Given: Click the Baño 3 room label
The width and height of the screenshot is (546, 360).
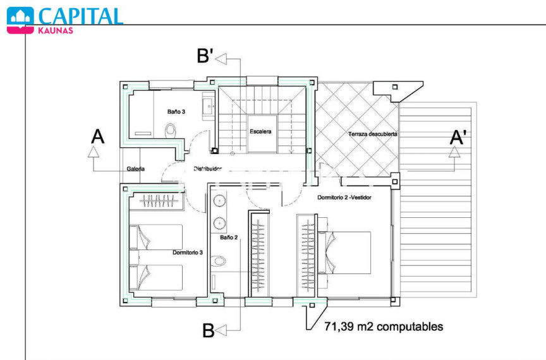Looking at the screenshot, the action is pyautogui.click(x=176, y=112).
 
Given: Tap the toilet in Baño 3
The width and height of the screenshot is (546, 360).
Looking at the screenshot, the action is pyautogui.click(x=170, y=131).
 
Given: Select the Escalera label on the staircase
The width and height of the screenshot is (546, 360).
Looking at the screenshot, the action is pyautogui.click(x=260, y=131).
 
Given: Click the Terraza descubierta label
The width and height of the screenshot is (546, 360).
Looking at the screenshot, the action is pyautogui.click(x=373, y=134).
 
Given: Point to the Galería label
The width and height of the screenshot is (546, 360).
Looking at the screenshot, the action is pyautogui.click(x=135, y=169).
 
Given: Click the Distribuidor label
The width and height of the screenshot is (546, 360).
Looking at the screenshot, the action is pyautogui.click(x=207, y=169).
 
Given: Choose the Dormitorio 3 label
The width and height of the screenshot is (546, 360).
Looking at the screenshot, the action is pyautogui.click(x=188, y=253).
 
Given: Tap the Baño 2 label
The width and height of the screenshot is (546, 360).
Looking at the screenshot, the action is pyautogui.click(x=229, y=237).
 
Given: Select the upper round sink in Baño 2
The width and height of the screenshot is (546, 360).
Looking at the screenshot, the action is pyautogui.click(x=219, y=201).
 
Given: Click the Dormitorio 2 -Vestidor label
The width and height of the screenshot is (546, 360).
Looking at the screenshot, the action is pyautogui.click(x=344, y=198).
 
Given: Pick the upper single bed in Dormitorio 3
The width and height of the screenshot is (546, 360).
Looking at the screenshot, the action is pyautogui.click(x=156, y=237).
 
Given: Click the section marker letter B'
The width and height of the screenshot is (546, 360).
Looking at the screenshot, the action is pyautogui.click(x=205, y=56).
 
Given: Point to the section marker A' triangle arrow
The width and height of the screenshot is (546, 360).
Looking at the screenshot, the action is pyautogui.click(x=454, y=152).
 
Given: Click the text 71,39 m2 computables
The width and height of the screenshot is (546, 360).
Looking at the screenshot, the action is pyautogui.click(x=384, y=327).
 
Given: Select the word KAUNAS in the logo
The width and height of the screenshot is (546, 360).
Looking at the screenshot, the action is pyautogui.click(x=56, y=31).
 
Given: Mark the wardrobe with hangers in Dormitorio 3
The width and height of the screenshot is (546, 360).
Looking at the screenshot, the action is pyautogui.click(x=156, y=201).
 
